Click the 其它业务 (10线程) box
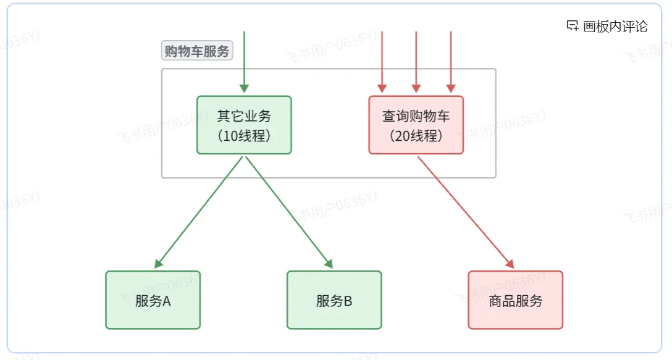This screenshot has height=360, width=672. tap(244, 125)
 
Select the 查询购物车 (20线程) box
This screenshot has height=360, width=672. tap(416, 125)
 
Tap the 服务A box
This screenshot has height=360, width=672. tap(153, 299)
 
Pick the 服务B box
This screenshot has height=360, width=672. tap(334, 299)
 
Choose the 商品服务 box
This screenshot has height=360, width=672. tap(515, 299)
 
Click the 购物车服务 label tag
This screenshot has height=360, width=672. tap(197, 51)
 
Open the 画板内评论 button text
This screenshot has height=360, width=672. tap(615, 27)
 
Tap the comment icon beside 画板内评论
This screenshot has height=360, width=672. tap(573, 26)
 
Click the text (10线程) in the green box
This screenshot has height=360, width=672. tap(244, 136)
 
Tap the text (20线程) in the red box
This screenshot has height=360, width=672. tap(416, 136)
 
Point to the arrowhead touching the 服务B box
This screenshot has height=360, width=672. tap(329, 264)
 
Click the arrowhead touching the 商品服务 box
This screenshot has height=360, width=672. tap(510, 264)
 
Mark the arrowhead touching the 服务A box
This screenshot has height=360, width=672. tap(158, 264)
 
